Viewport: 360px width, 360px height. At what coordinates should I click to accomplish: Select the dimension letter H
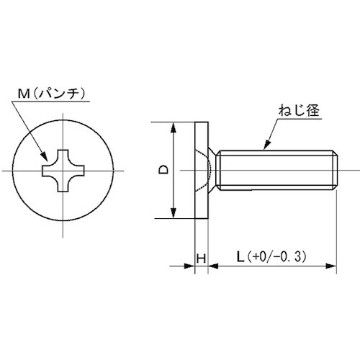pos(202,257)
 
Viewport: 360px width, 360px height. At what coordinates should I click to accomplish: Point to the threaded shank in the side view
pos(274,171)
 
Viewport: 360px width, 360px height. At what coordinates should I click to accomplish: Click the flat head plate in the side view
pos(202,171)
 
